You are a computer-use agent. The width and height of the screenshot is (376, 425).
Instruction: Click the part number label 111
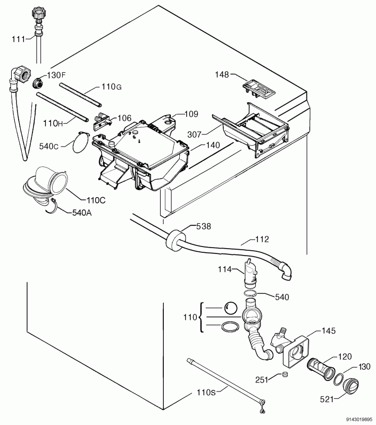pos(18,39)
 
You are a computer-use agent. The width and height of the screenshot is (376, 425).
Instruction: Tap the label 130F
pos(56,75)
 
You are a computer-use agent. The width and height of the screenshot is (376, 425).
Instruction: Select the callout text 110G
pos(112,87)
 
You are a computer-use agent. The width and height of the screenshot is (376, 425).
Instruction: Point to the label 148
pos(222,74)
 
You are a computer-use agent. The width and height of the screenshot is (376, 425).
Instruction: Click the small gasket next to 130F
pos(38,83)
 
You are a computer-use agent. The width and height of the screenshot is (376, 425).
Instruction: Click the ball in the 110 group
pos(231,308)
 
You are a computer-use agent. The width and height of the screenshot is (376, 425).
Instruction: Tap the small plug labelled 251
pos(285,374)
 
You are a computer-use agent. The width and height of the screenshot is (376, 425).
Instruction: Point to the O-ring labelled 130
pos(338,379)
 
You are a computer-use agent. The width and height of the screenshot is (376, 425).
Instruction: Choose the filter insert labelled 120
pos(321,369)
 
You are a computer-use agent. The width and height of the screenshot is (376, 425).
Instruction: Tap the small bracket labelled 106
pos(102,121)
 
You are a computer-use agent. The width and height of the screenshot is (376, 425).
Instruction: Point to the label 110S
pos(206,392)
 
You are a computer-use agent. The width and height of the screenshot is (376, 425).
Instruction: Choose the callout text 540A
pos(82,213)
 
